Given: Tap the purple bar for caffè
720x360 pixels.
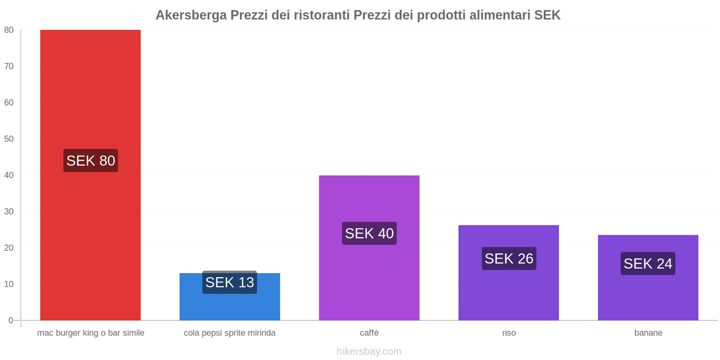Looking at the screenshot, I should [369, 279].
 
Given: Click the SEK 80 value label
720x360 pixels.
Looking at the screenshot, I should [90, 161].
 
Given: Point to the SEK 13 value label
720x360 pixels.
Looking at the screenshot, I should [229, 283].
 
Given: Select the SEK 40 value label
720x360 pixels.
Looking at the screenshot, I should [369, 234].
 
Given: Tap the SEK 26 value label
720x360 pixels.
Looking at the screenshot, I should [508, 259].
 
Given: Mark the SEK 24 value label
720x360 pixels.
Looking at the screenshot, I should [648, 264].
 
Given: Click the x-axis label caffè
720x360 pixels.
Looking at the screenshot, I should [369, 333].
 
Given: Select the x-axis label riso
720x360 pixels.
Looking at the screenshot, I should [509, 333].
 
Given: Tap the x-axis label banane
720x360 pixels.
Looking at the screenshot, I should [648, 333].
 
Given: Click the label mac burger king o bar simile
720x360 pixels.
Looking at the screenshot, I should [90, 333].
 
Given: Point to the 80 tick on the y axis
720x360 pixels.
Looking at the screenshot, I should [9, 30].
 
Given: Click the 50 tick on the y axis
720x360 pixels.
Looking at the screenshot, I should [9, 139].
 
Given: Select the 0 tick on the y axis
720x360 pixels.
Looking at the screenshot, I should [11, 320].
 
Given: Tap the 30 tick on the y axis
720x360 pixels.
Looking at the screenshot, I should [9, 211].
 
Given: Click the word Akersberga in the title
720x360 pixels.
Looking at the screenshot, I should [191, 15].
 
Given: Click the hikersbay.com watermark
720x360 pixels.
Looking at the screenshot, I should [369, 351].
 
